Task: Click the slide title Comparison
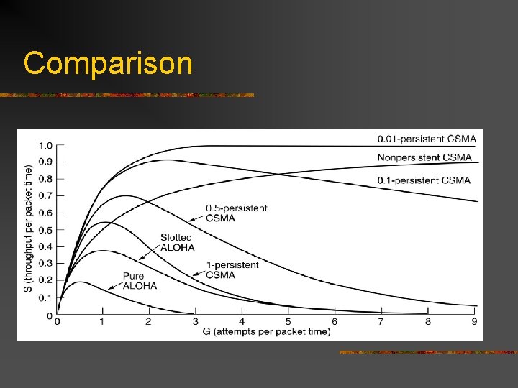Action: coord(108,63)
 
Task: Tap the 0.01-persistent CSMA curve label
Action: coord(427,139)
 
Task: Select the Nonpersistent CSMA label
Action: coord(424,157)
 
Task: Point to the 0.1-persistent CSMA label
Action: coord(424,180)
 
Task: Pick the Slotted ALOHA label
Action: coord(177,242)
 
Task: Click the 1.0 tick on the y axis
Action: coord(45,146)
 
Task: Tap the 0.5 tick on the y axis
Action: coord(45,230)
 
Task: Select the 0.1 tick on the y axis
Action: coord(45,297)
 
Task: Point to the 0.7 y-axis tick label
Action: coord(45,196)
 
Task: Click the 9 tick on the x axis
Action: coord(473,321)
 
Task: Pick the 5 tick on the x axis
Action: coord(288,321)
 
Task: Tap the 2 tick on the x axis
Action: coord(149,321)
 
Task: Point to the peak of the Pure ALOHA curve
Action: coord(81,282)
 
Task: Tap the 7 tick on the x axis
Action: coord(381,321)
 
